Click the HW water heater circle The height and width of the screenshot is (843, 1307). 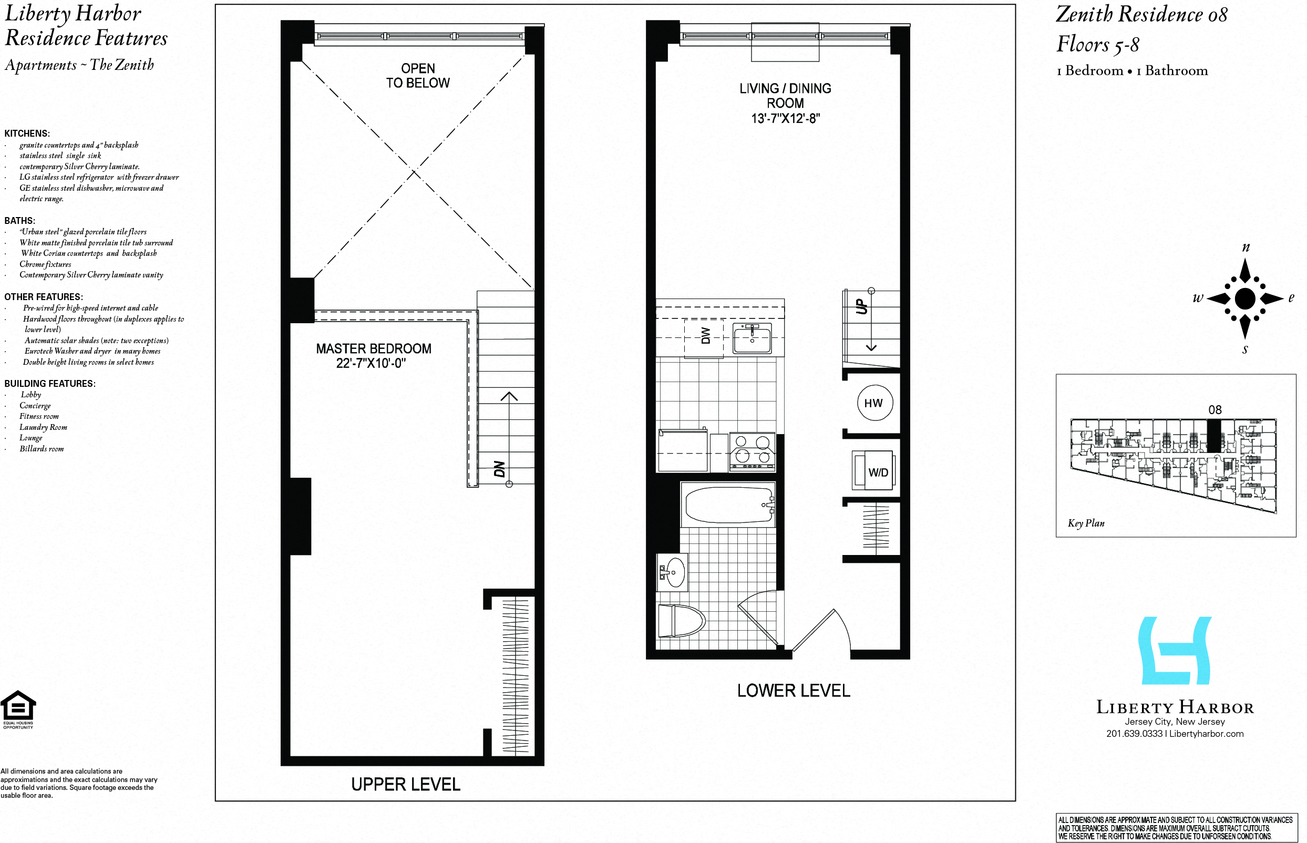click(874, 403)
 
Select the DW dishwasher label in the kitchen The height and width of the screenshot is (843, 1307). click(705, 335)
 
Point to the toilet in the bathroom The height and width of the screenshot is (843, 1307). click(681, 621)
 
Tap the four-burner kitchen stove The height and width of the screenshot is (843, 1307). click(753, 451)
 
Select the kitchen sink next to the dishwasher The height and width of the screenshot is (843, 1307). click(752, 338)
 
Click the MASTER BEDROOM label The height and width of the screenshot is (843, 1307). click(373, 348)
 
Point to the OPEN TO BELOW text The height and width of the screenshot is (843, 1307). click(418, 76)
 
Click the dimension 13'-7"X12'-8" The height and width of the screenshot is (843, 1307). click(785, 118)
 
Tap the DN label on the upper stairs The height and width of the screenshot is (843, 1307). click(499, 469)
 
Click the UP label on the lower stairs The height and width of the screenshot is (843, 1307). click(861, 306)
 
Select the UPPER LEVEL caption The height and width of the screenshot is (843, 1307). click(406, 785)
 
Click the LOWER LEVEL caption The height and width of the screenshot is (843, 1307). click(793, 691)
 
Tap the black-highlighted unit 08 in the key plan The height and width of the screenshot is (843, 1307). click(1214, 436)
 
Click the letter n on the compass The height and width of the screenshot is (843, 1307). click(1246, 248)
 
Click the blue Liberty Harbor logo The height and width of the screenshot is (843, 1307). click(1175, 651)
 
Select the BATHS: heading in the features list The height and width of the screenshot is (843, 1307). click(19, 221)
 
